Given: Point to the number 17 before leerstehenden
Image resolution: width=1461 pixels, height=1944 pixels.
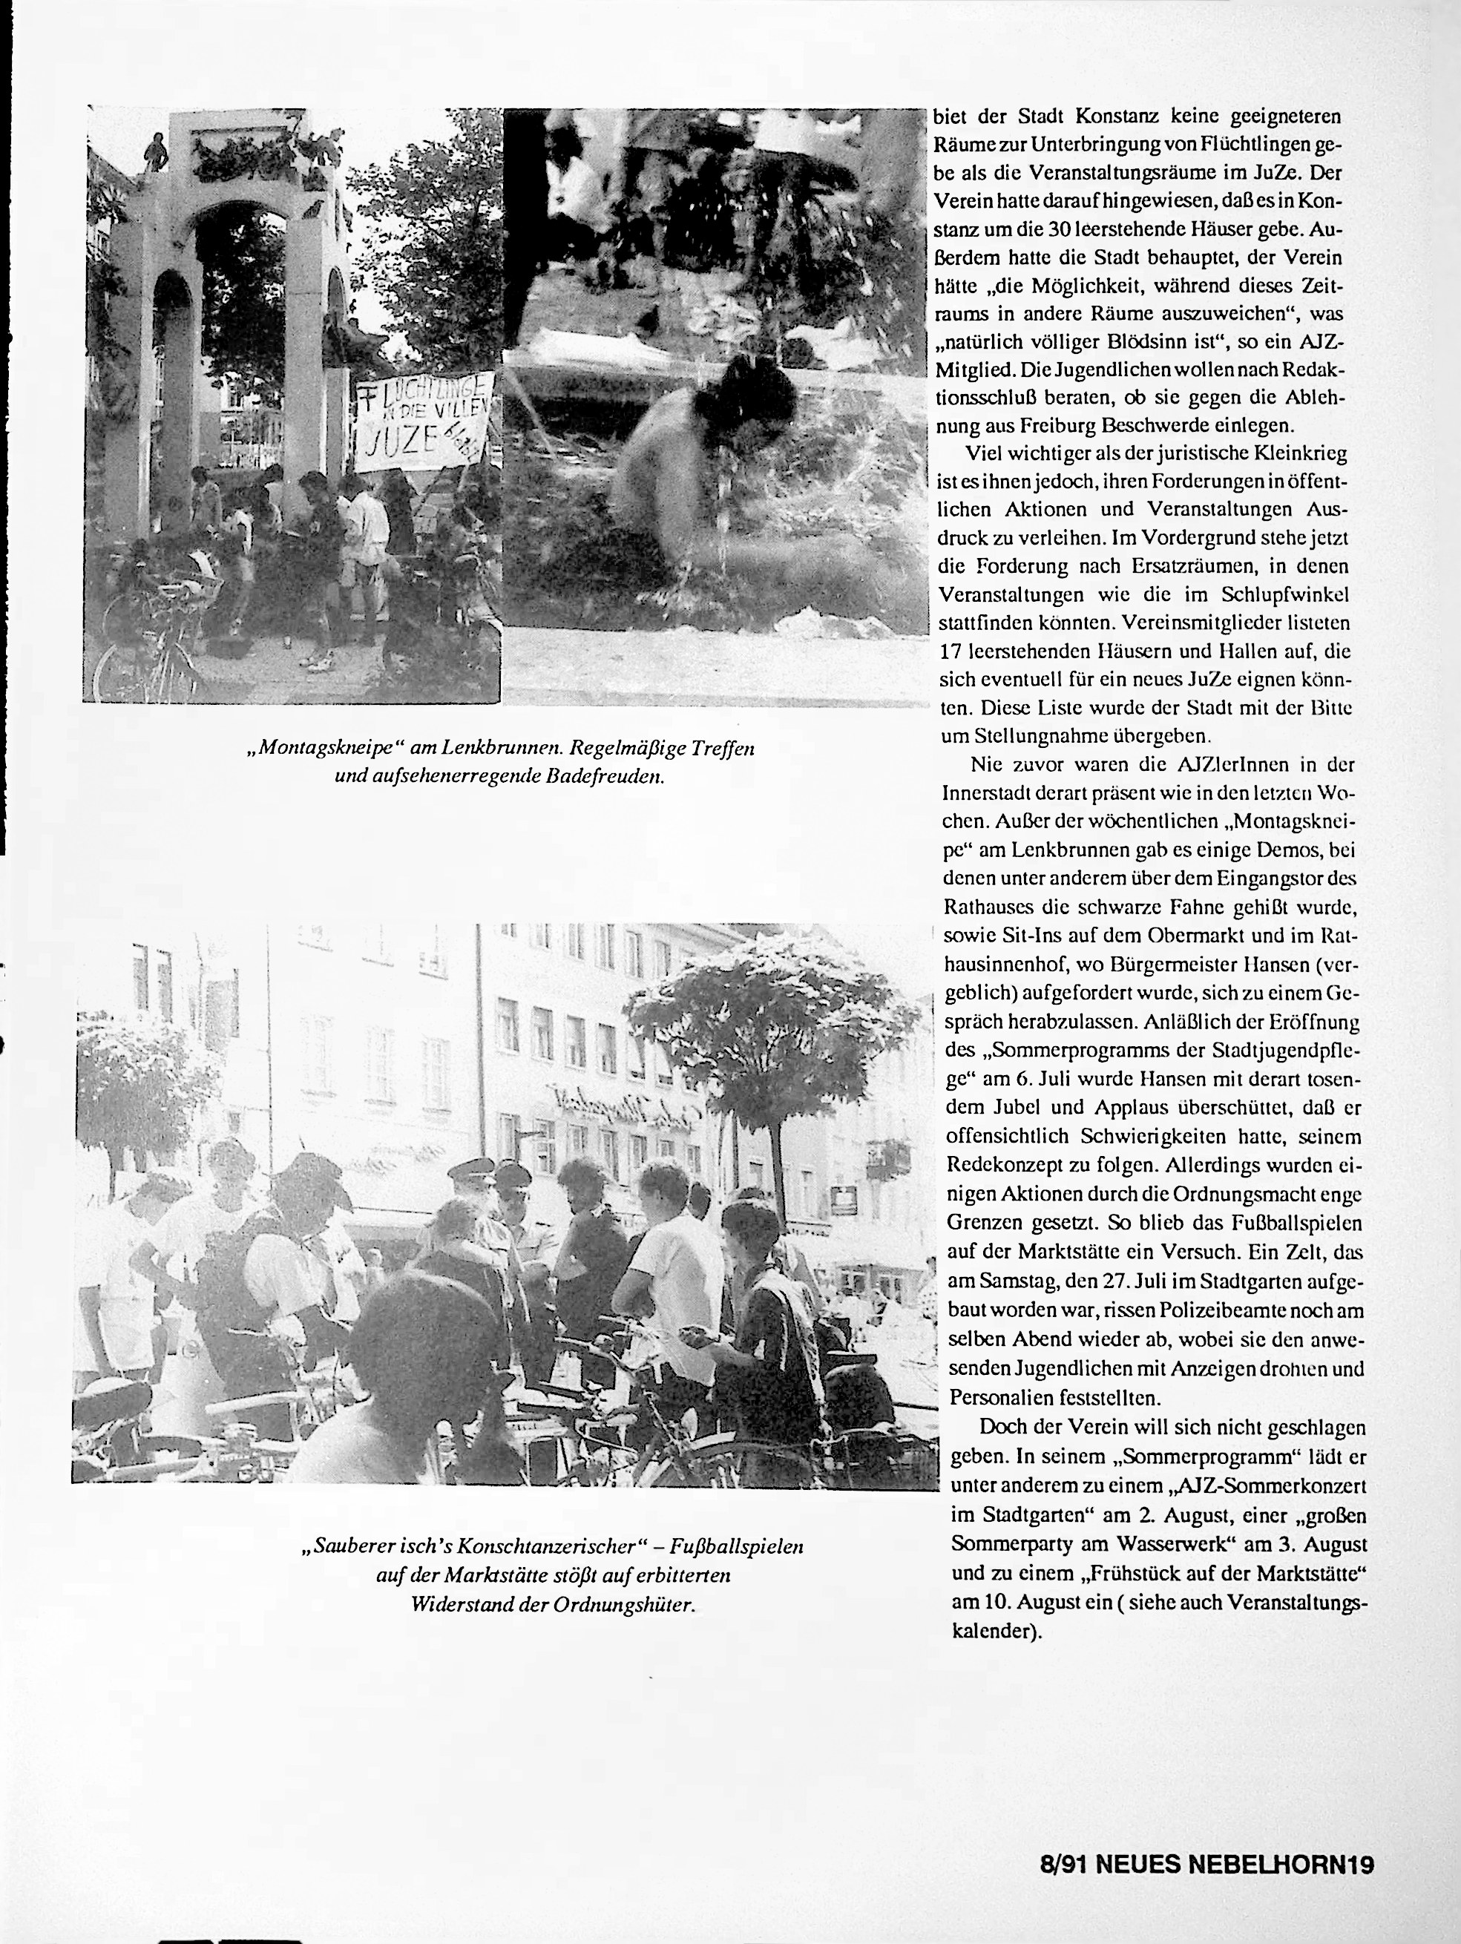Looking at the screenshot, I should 953,652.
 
